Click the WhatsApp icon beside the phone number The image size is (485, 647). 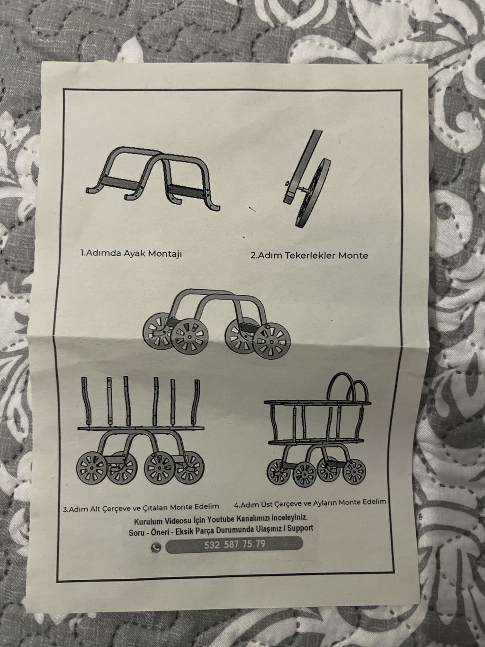pyautogui.click(x=156, y=547)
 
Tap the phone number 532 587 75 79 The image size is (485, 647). pyautogui.click(x=235, y=545)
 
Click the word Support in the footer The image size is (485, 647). pyautogui.click(x=300, y=528)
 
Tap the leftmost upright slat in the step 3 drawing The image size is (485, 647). pyautogui.click(x=85, y=401)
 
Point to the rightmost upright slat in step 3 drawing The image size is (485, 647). pyautogui.click(x=195, y=403)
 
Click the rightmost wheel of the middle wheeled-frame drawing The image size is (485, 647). pyautogui.click(x=272, y=341)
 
